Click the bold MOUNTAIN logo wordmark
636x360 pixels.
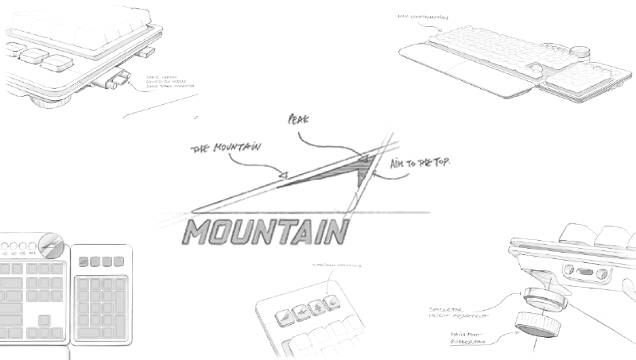click(x=266, y=231)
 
